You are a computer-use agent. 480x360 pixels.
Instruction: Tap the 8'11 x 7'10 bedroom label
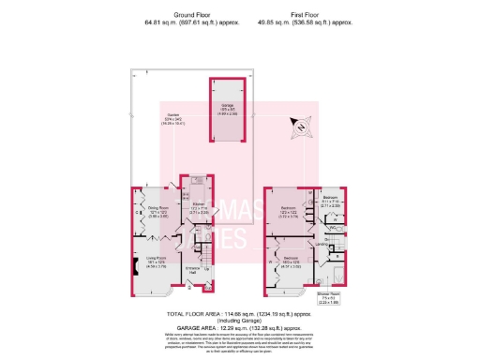332,201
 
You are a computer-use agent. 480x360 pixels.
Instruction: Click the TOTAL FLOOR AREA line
239,315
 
